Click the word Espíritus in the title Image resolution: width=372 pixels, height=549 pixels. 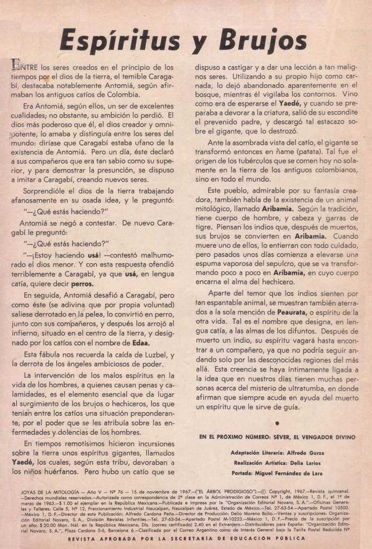pyautogui.click(x=120, y=41)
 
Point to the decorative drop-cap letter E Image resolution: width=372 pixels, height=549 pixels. pyautogui.click(x=16, y=65)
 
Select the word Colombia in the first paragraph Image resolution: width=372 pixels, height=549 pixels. pyautogui.click(x=123, y=95)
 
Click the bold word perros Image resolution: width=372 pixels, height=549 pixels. pyautogui.click(x=81, y=284)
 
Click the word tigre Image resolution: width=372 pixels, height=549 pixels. pyautogui.click(x=204, y=226)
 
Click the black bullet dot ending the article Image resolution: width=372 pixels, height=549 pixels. pyautogui.click(x=277, y=423)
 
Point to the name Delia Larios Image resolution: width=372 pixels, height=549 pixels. pyautogui.click(x=306, y=463)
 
